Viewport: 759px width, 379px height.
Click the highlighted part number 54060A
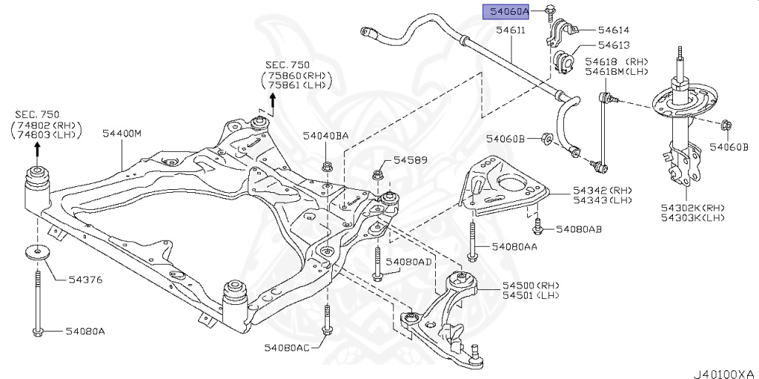click(x=507, y=11)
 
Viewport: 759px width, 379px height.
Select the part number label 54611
click(x=511, y=30)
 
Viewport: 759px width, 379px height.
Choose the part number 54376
click(x=85, y=280)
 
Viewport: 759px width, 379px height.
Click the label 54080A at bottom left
click(x=85, y=331)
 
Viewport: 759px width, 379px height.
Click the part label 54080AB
click(x=579, y=229)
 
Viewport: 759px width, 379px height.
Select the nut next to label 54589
click(x=377, y=175)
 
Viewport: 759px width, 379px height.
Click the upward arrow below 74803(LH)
click(x=35, y=151)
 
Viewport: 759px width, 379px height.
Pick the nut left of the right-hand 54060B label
click(x=724, y=126)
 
